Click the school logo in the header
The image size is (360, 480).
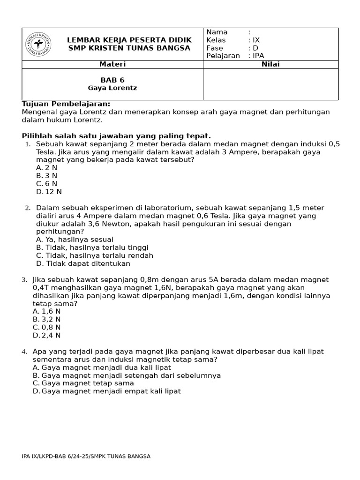[x=38, y=44]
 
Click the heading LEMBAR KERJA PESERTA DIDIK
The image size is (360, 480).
[x=129, y=40]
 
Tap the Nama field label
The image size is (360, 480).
[x=217, y=32]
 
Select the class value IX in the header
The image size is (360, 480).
[x=256, y=40]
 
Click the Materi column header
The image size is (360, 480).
[x=112, y=64]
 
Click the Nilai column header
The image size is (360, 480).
[x=270, y=64]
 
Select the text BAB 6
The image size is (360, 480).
[x=112, y=80]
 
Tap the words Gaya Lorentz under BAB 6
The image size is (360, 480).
[x=112, y=88]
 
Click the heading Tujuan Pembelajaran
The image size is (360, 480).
[x=66, y=104]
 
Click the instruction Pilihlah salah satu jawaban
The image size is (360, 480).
[x=116, y=136]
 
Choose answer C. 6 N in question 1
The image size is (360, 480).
[x=46, y=184]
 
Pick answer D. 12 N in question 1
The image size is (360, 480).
[x=49, y=192]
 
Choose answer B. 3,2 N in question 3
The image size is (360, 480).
[x=47, y=319]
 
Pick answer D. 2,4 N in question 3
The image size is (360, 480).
[x=47, y=335]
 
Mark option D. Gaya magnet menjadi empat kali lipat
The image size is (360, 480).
[x=106, y=391]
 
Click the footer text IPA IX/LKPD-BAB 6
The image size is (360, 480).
[x=86, y=456]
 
